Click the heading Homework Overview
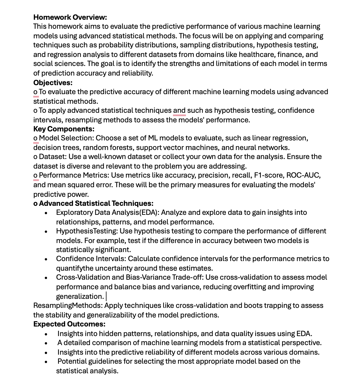70,17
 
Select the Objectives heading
53,83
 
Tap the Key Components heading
64,129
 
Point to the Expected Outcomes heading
69,324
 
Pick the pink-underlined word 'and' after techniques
179,111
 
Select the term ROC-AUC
303,175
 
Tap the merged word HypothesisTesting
87,231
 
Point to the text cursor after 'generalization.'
106,296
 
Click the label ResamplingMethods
68,306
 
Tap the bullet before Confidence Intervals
46,259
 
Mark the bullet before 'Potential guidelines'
46,362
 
